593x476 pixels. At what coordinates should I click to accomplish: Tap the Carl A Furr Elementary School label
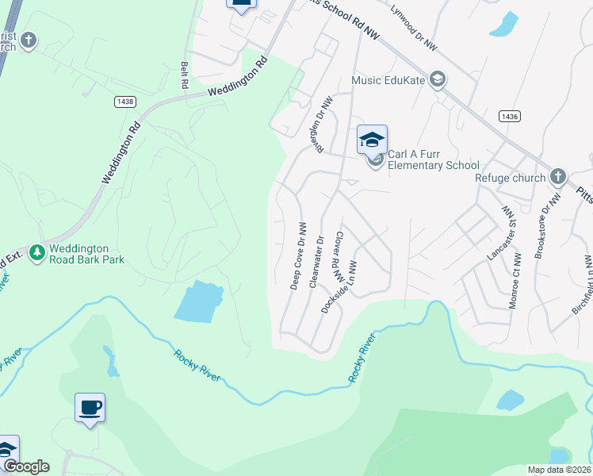pyautogui.click(x=433, y=159)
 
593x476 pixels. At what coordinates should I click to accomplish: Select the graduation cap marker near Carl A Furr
pyautogui.click(x=372, y=140)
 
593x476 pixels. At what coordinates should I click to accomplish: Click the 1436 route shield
pyautogui.click(x=510, y=117)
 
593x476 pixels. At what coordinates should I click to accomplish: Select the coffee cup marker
pyautogui.click(x=90, y=408)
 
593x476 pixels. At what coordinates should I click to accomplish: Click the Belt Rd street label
pyautogui.click(x=185, y=75)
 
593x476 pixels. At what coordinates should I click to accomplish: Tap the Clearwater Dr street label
pyautogui.click(x=316, y=260)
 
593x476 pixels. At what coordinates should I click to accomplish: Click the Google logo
pyautogui.click(x=26, y=466)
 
